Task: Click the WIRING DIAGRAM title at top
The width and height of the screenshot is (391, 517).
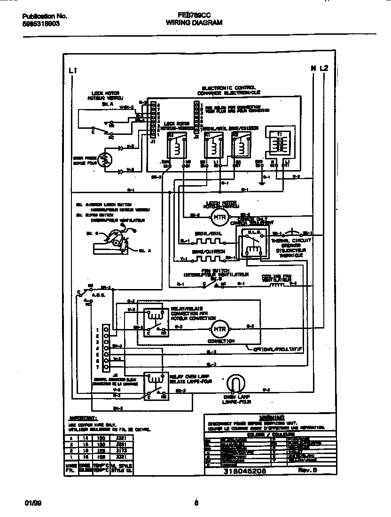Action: coord(195,22)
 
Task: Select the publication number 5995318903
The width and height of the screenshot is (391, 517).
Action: coord(41,23)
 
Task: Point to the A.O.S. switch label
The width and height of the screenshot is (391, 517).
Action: coord(98,295)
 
